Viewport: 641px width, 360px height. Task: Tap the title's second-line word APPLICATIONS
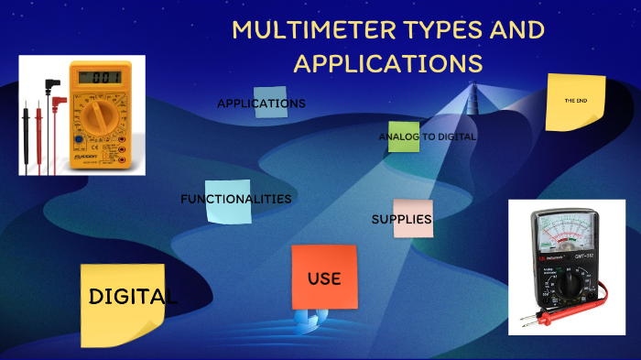tap(387, 63)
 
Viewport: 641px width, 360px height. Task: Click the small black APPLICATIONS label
tap(261, 104)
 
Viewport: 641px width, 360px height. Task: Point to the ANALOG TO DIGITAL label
tap(428, 136)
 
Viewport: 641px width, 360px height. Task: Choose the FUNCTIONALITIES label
tap(236, 199)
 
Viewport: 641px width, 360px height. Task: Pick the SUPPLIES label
tap(401, 219)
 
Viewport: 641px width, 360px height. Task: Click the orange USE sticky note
tap(324, 278)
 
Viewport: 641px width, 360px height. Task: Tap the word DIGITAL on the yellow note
tap(133, 297)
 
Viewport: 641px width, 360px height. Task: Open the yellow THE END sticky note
tap(575, 101)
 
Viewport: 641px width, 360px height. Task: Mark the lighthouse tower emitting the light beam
tap(474, 95)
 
